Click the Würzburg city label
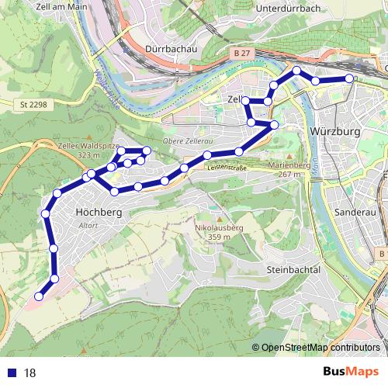pyautogui.click(x=334, y=132)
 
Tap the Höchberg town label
pyautogui.click(x=96, y=211)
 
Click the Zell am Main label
pyautogui.click(x=61, y=6)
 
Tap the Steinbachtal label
pyautogui.click(x=293, y=268)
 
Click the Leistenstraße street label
pyautogui.click(x=226, y=166)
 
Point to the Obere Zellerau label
pyautogui.click(x=187, y=141)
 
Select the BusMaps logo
pyautogui.click(x=351, y=372)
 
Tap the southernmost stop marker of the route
pyautogui.click(x=38, y=296)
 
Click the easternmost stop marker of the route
pyautogui.click(x=349, y=78)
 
